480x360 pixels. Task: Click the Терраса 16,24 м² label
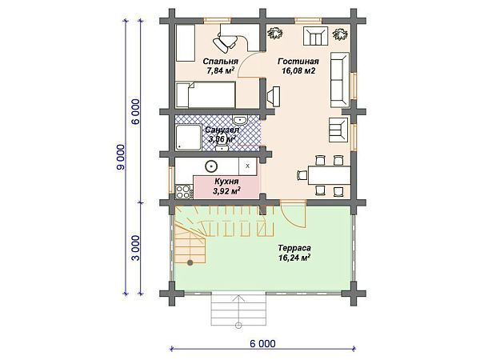(x=294, y=254)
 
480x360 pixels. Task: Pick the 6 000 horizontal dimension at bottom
(x=262, y=344)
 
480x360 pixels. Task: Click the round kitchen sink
(x=212, y=166)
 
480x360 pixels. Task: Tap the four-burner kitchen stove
(x=182, y=191)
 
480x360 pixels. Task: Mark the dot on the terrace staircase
(x=190, y=262)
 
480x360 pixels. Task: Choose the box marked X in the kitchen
(x=248, y=166)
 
